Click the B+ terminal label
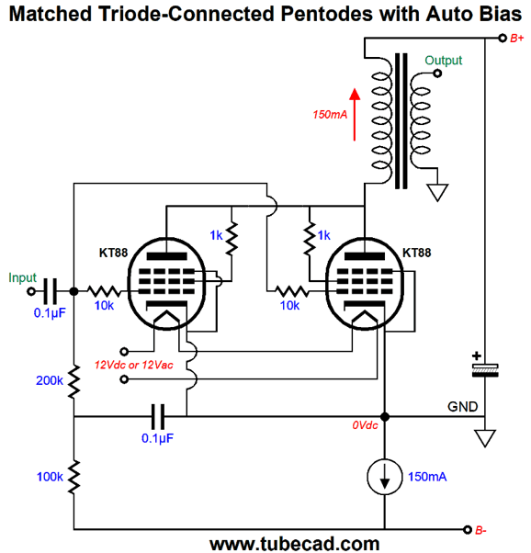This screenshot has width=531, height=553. point(517,38)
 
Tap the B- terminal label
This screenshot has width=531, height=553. point(480,530)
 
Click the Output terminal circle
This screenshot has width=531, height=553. point(437,73)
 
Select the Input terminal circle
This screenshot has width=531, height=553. point(31,292)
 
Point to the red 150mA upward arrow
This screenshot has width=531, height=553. point(355,114)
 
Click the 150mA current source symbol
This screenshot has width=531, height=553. point(385,477)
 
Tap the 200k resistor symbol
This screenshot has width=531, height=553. point(74,382)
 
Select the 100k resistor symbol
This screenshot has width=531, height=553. point(74,477)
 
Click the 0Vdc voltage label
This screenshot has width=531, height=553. point(365,425)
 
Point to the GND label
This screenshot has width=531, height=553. point(462,407)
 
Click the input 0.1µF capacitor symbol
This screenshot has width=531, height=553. point(51,292)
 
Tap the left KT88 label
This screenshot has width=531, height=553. point(113,253)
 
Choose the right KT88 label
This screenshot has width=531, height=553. point(417,253)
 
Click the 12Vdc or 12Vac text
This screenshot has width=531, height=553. point(134,365)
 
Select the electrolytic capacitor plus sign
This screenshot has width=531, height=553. point(476,355)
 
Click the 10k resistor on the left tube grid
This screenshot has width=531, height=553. point(104,292)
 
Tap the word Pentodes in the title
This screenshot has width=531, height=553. point(327,14)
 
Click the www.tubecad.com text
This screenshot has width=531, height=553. point(295,544)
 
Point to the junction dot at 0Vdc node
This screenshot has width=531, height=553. point(385,417)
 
